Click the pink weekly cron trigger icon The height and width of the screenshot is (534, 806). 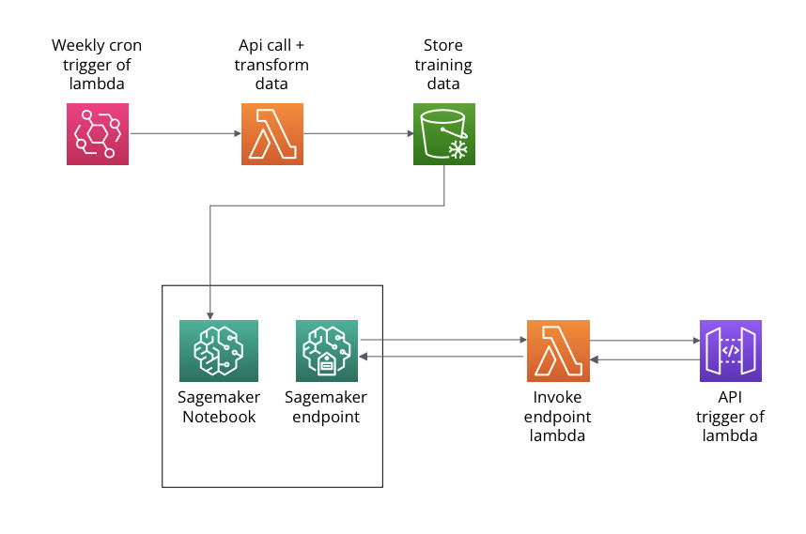click(98, 134)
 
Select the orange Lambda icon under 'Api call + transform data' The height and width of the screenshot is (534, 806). click(272, 134)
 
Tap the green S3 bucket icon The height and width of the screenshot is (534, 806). click(444, 134)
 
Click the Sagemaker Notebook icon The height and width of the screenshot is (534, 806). click(219, 351)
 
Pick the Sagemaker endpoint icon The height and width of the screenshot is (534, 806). click(327, 351)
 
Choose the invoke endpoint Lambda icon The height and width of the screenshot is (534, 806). click(558, 351)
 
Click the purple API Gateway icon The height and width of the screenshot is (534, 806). click(731, 351)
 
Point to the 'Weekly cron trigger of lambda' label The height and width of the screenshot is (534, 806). click(97, 64)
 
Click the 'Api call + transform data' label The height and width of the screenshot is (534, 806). click(271, 64)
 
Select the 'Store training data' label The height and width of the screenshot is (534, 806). click(443, 64)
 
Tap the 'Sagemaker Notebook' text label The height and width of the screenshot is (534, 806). click(219, 406)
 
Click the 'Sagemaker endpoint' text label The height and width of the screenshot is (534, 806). click(326, 406)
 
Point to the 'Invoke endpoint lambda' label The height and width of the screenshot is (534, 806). click(557, 416)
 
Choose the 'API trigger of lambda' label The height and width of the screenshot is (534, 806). click(730, 416)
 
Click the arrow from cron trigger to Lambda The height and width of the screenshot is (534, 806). click(186, 133)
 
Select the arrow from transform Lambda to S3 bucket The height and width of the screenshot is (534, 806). click(359, 133)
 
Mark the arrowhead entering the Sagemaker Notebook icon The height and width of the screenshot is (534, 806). click(209, 315)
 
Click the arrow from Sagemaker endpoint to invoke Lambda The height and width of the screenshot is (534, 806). click(443, 340)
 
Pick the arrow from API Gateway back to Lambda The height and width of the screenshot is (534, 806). click(645, 359)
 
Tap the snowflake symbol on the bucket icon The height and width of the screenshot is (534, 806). click(458, 150)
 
